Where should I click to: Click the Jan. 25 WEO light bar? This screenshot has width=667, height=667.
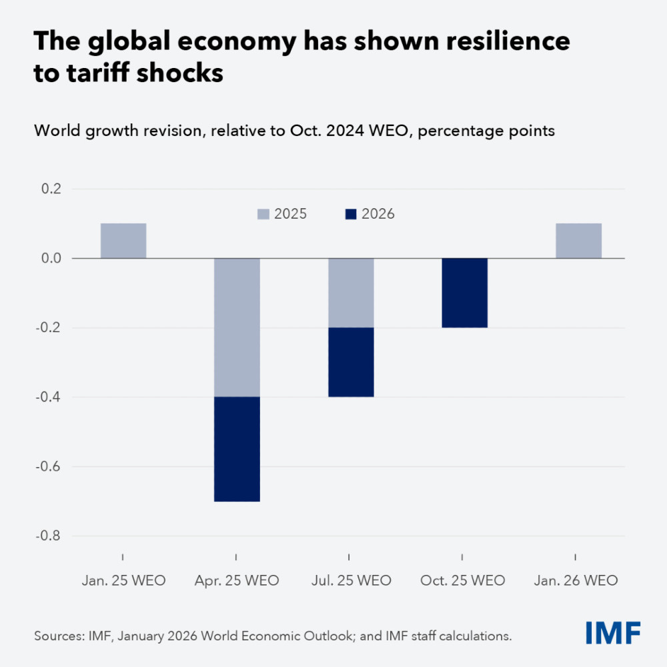coord(123,240)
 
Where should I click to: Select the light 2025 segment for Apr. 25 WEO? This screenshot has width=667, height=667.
coord(237,327)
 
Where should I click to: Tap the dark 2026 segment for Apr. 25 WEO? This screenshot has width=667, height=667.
coord(237,449)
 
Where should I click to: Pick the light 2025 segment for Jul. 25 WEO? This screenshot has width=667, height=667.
coord(351,293)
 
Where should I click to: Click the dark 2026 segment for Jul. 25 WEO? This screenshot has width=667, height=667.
coord(351,362)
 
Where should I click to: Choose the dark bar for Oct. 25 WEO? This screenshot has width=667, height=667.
coord(465,293)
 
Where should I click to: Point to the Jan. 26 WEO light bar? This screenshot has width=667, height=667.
coord(578,240)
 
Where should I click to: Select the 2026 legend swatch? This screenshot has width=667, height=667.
coord(352,214)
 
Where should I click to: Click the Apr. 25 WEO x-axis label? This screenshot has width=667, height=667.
coord(237,580)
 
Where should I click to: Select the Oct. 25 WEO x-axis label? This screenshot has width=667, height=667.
coord(464,580)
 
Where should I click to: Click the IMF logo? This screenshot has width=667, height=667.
coord(614,632)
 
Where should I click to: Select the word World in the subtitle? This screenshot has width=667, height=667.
coord(56,131)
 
